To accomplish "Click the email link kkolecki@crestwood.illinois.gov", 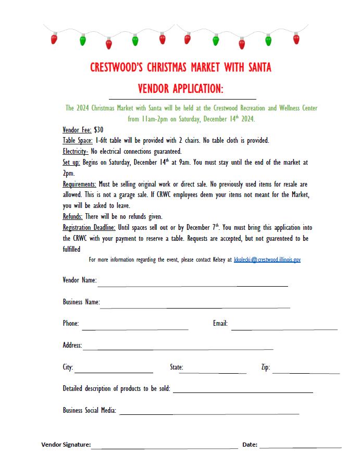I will (x=267, y=260).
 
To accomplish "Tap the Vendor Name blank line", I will (x=192, y=285).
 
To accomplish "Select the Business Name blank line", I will (x=195, y=306).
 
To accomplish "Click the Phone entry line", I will (x=135, y=328).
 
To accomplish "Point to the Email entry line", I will (x=284, y=328).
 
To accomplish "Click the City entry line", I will (x=114, y=371).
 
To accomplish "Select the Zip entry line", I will (x=306, y=372).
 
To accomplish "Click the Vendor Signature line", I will (x=165, y=447).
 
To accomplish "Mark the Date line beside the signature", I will (x=300, y=447).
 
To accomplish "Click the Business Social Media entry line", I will (x=209, y=413).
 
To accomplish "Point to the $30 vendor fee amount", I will (x=99, y=130).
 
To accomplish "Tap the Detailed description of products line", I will (x=243, y=391).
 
